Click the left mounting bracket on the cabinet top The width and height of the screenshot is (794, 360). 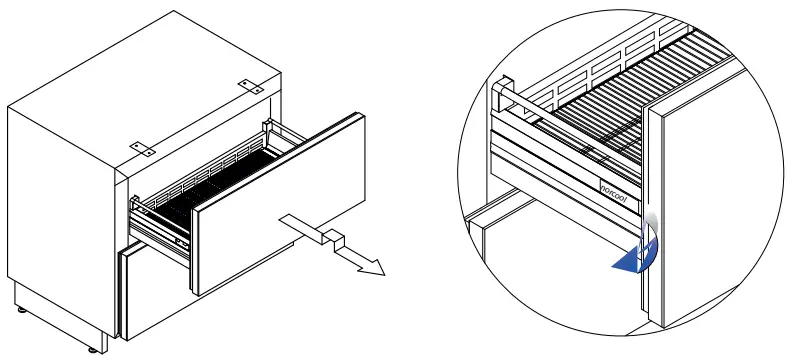pyautogui.click(x=143, y=146)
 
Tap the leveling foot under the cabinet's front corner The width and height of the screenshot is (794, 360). pyautogui.click(x=97, y=347)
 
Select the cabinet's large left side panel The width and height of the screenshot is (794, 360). pyautogui.click(x=60, y=200)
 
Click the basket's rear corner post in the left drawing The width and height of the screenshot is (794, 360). pyautogui.click(x=267, y=136)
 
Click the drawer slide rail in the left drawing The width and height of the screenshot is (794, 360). pyautogui.click(x=160, y=230)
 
